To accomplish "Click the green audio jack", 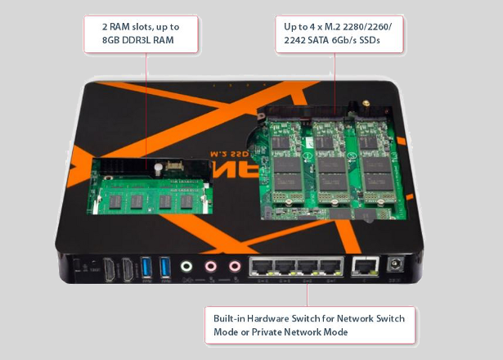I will coord(187,266).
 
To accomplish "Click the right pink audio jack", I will coord(236,266).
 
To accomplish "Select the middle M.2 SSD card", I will coord(331,168).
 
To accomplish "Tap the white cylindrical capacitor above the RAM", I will coord(156,167).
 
